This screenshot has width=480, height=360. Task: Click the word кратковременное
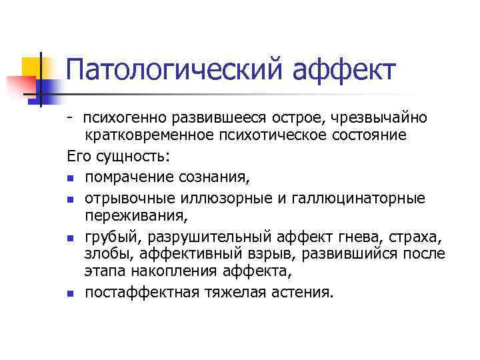141,135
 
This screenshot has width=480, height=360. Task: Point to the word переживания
135,215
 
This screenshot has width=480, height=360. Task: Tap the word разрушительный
209,237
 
